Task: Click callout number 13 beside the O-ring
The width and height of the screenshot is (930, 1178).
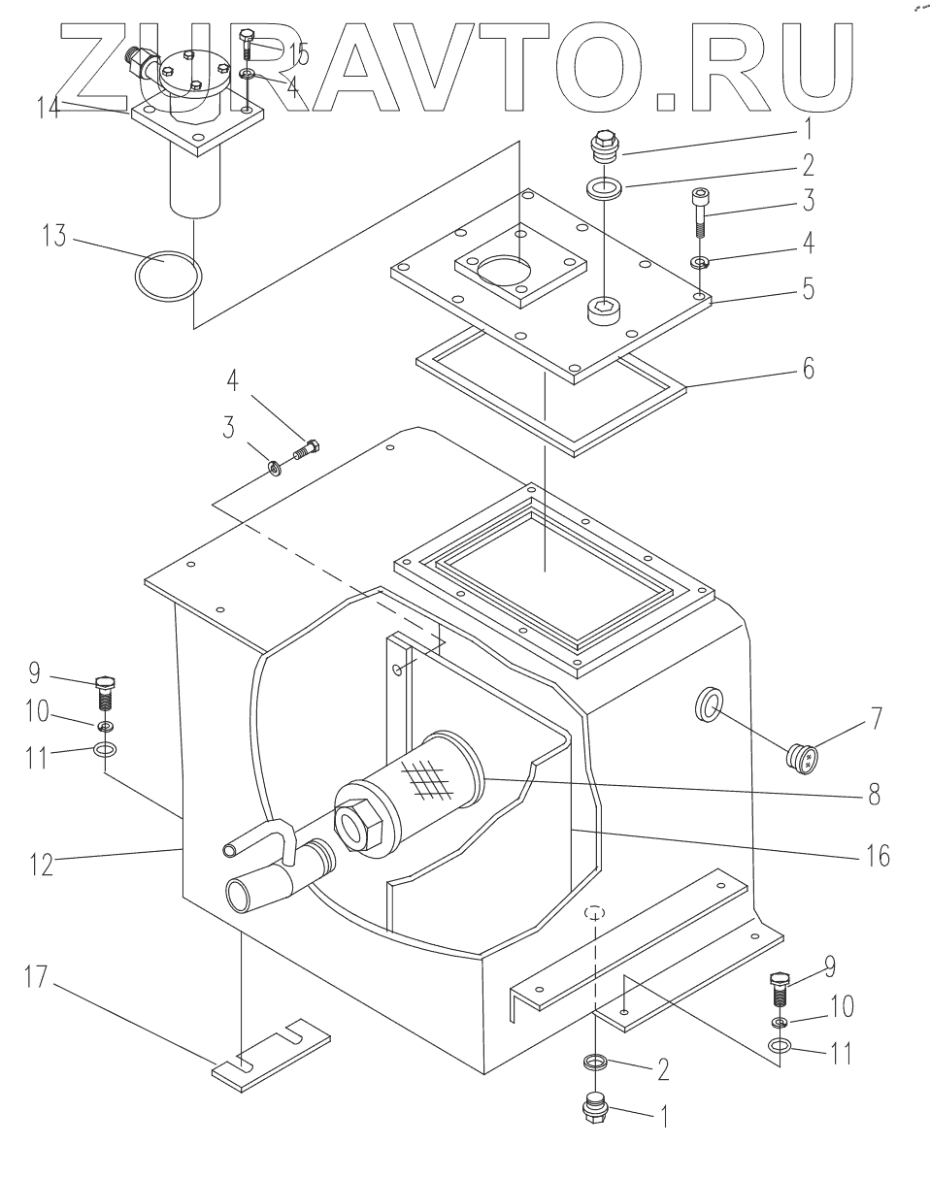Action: click(54, 236)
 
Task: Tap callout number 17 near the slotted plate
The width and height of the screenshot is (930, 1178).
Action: click(37, 977)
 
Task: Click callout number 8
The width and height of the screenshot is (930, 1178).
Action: click(874, 795)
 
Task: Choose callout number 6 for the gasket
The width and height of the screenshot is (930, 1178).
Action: click(809, 369)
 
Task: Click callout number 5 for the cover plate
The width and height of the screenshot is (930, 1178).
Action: click(809, 289)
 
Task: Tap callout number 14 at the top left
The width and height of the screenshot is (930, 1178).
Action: click(49, 107)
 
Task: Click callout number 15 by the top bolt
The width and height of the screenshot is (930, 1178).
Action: click(298, 53)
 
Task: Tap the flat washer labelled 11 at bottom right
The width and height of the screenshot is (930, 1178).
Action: click(780, 1046)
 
